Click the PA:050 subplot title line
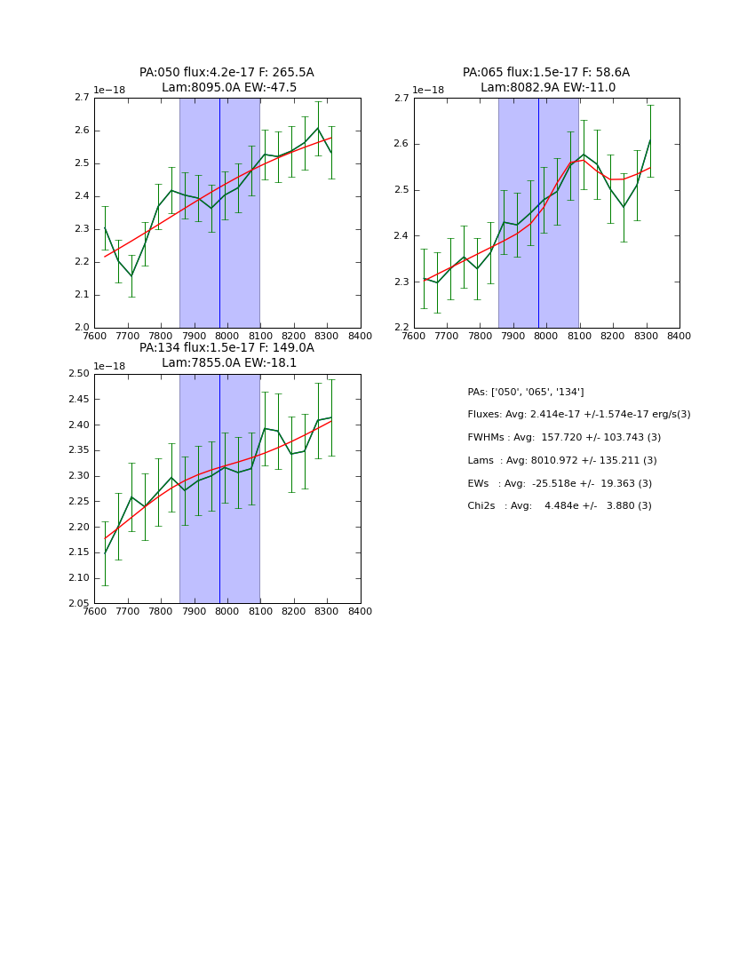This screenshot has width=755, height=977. [x=226, y=73]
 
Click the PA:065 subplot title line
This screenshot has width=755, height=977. [x=546, y=73]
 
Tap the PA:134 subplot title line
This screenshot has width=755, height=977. [x=226, y=348]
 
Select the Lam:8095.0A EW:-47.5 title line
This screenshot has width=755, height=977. [x=229, y=88]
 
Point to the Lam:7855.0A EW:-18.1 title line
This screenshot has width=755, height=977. [x=229, y=363]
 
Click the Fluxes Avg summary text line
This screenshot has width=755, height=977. [x=578, y=415]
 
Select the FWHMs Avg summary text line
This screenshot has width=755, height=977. [x=564, y=438]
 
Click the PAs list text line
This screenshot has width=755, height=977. [x=525, y=393]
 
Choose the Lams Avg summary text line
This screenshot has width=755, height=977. [x=562, y=461]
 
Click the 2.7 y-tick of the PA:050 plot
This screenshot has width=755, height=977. [x=81, y=98]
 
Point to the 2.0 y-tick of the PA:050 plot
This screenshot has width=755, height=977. [x=81, y=328]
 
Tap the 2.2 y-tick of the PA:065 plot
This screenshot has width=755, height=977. [x=401, y=328]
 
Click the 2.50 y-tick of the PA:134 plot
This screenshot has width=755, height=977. [x=78, y=374]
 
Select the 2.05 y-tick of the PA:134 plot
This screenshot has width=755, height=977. [x=78, y=603]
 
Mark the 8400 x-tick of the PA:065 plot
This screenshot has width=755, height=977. [x=679, y=337]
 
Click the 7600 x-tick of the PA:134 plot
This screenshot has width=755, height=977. [x=94, y=612]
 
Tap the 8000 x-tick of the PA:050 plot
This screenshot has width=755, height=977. [x=227, y=337]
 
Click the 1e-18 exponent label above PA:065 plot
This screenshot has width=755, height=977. [x=429, y=90]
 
